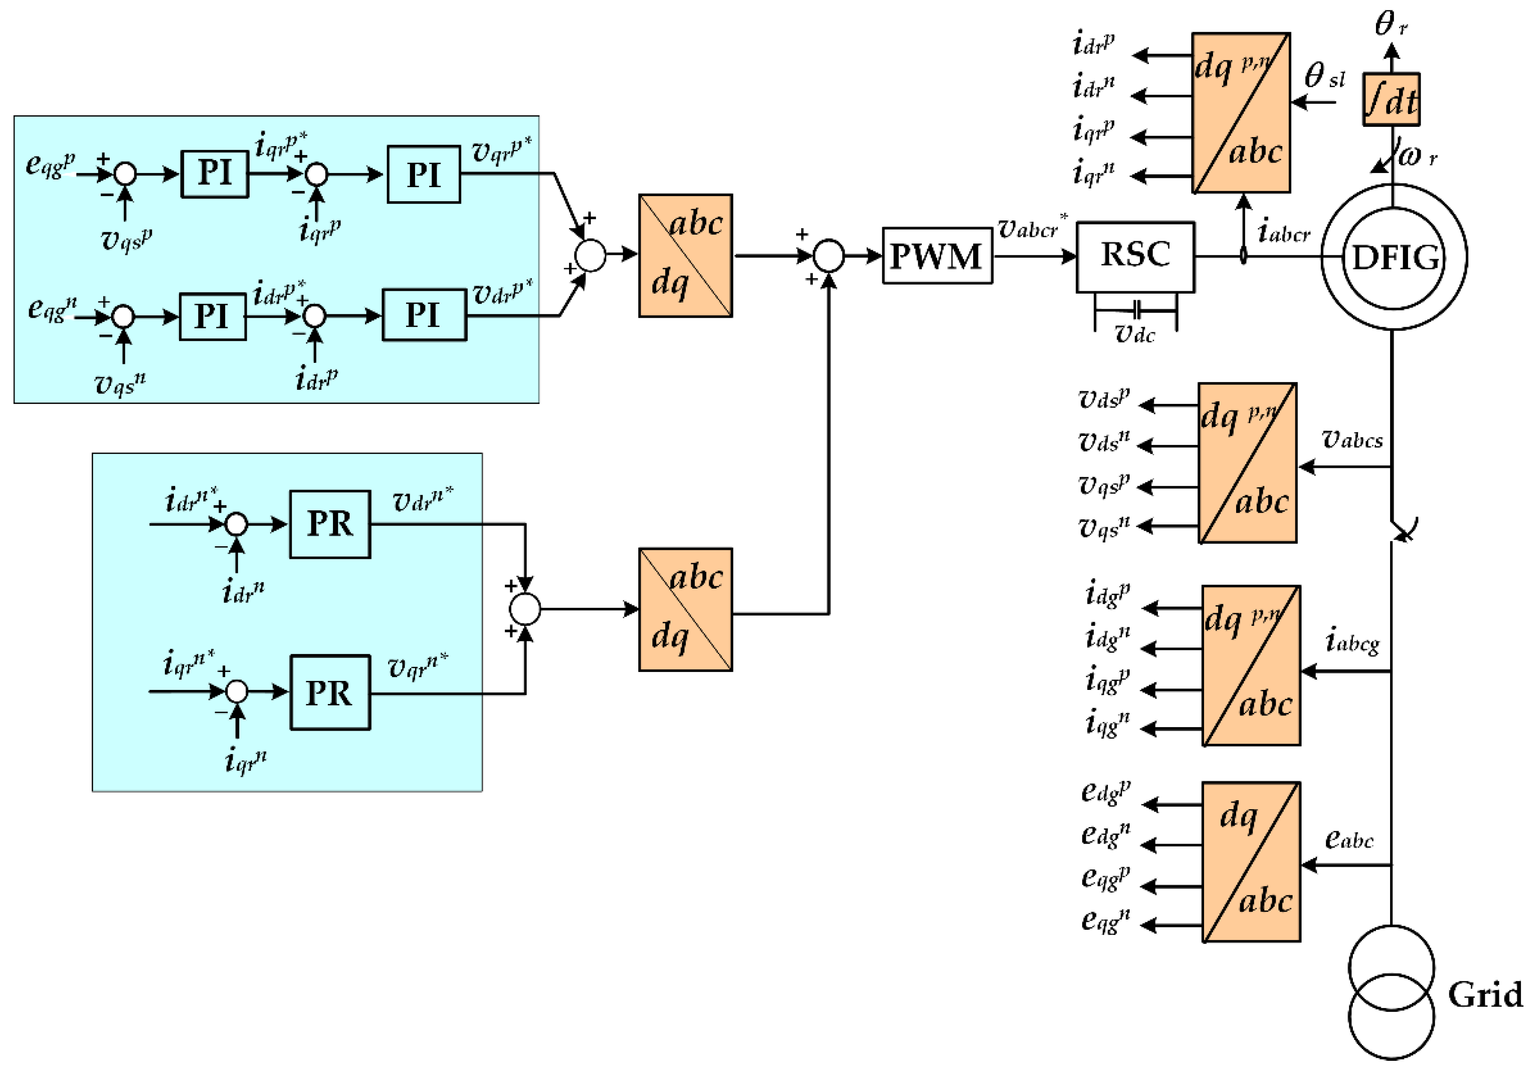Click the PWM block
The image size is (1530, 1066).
pyautogui.click(x=937, y=256)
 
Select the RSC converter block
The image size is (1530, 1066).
pyautogui.click(x=1135, y=257)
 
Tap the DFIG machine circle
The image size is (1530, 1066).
pyautogui.click(x=1394, y=257)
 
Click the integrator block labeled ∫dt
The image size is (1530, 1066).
pyautogui.click(x=1391, y=99)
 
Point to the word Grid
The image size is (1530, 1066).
pyautogui.click(x=1485, y=995)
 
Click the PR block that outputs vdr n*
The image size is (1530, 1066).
pyautogui.click(x=330, y=524)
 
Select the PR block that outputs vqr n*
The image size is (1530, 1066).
pyautogui.click(x=330, y=693)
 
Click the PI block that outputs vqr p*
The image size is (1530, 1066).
pyautogui.click(x=424, y=174)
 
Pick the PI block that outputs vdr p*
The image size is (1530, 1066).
pyautogui.click(x=424, y=315)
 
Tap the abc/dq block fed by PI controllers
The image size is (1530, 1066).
pyautogui.click(x=685, y=255)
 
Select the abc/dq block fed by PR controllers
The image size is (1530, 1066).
pyautogui.click(x=685, y=609)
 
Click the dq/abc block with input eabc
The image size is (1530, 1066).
pyautogui.click(x=1251, y=862)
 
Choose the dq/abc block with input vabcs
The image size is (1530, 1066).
pyautogui.click(x=1247, y=463)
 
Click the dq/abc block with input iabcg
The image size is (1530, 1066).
pyautogui.click(x=1251, y=665)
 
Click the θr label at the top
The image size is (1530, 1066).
pyautogui.click(x=1391, y=24)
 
